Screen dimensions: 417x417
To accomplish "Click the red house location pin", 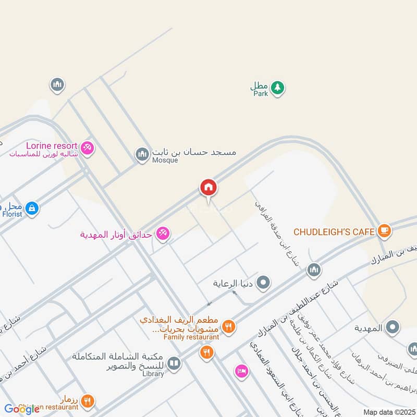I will click(x=208, y=187).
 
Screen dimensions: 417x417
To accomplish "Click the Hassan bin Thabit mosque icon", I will click(x=142, y=154).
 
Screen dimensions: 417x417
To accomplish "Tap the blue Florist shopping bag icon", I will click(x=32, y=208).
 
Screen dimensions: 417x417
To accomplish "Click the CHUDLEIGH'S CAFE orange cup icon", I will click(x=384, y=230).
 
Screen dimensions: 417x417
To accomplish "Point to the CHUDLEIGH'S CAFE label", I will click(x=334, y=231).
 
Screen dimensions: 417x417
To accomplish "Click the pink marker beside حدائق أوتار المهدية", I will click(x=163, y=234).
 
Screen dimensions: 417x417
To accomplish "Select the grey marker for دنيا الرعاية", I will click(x=264, y=283).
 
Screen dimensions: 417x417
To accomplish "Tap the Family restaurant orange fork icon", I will click(x=228, y=327).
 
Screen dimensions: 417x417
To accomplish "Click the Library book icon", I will click(x=174, y=363).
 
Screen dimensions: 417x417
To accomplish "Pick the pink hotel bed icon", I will click(x=241, y=370).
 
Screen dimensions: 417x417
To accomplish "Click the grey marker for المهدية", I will click(x=393, y=327).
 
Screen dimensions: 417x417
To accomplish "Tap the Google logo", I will click(x=21, y=409).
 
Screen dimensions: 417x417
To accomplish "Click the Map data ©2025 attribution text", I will click(x=388, y=412).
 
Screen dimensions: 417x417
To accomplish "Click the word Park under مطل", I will click(x=261, y=94).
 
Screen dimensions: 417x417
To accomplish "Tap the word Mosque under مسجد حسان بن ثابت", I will click(x=165, y=161).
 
